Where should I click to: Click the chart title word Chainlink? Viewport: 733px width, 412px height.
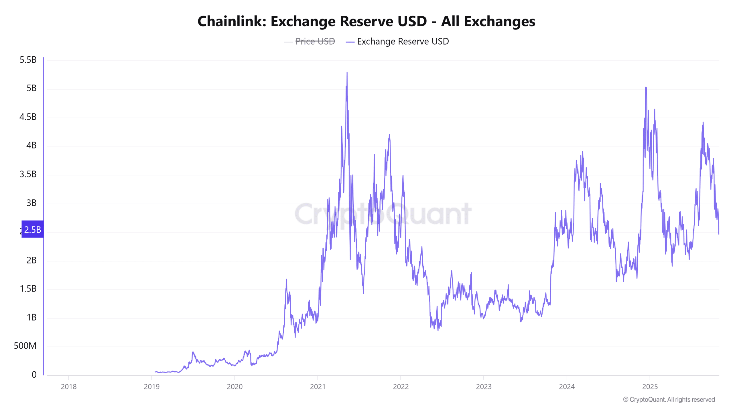[x=232, y=21]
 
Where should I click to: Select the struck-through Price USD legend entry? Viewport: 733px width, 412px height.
[x=315, y=41]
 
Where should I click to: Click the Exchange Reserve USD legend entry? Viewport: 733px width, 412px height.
[x=403, y=41]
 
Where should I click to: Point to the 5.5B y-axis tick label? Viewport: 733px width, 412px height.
[x=28, y=60]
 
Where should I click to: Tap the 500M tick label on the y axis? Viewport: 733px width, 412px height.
[x=25, y=346]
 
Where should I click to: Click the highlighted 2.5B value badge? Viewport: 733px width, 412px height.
[x=33, y=229]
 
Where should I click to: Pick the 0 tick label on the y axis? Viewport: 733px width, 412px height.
[x=34, y=375]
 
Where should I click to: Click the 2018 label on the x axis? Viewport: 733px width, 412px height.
[x=69, y=387]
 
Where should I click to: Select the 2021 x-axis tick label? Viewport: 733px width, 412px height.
[x=318, y=387]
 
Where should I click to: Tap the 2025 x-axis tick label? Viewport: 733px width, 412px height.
[x=650, y=387]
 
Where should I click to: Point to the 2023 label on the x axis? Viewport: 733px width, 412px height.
[x=484, y=387]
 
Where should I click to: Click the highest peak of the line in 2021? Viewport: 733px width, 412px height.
[x=347, y=73]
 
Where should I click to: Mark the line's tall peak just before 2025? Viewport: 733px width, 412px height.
[x=646, y=88]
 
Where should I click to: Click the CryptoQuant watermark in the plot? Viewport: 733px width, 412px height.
[x=383, y=214]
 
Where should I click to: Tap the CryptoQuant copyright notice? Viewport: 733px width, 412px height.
[x=669, y=400]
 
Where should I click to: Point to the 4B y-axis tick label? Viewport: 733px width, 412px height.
[x=31, y=146]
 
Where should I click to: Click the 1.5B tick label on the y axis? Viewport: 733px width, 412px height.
[x=28, y=289]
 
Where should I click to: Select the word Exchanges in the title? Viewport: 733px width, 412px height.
[x=499, y=21]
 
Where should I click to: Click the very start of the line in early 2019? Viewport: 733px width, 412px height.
[x=155, y=372]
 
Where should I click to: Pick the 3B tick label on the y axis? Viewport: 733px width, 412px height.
[x=31, y=203]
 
